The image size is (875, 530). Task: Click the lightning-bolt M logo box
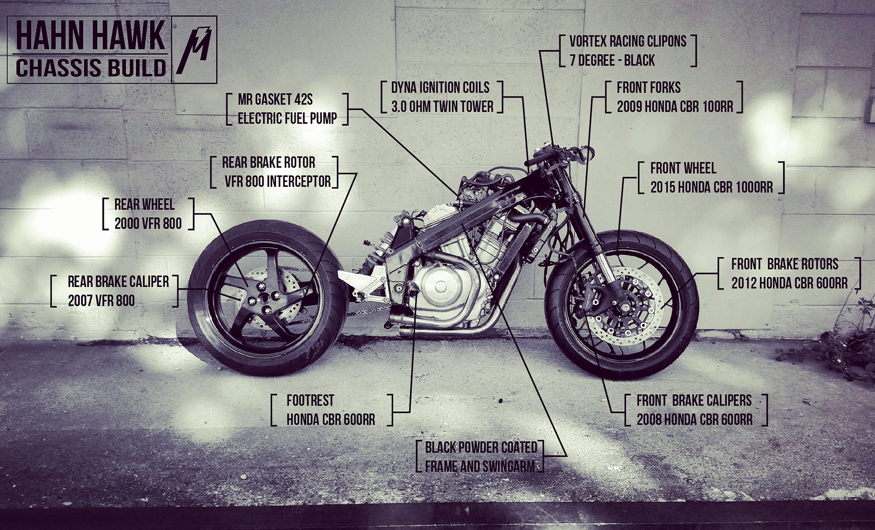194,50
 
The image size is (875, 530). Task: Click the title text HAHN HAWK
90,36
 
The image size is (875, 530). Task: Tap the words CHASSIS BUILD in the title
91,67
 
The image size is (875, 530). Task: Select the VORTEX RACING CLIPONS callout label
628,51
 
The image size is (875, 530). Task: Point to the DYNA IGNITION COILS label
442,97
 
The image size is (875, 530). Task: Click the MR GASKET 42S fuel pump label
287,109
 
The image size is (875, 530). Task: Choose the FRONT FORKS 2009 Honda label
674,97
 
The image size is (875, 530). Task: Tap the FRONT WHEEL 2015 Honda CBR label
711,178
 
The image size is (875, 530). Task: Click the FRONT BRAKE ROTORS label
789,273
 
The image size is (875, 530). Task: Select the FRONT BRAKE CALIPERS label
694,410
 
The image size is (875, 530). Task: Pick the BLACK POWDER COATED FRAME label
480,457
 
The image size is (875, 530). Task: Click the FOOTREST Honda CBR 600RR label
331,410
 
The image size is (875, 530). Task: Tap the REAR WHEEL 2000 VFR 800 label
148,214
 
